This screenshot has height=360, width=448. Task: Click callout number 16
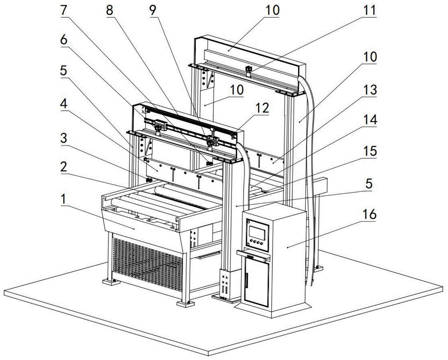point(370,215)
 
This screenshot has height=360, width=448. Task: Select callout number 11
point(370,9)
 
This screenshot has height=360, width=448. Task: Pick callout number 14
point(370,120)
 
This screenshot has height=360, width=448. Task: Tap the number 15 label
point(370,151)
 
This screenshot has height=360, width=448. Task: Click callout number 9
point(154,9)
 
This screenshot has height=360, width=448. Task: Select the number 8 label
point(110,9)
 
